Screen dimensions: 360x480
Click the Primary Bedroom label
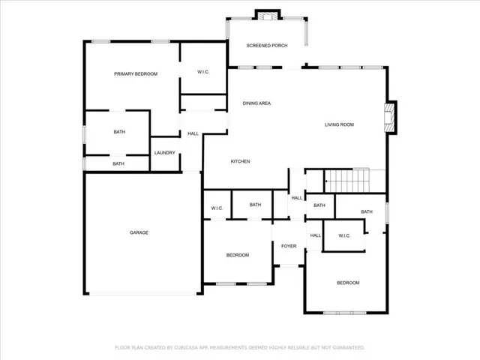pyautogui.click(x=136, y=73)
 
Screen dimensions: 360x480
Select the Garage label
pyautogui.click(x=139, y=232)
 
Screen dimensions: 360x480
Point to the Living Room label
pyautogui.click(x=339, y=124)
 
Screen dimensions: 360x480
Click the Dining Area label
pyautogui.click(x=256, y=103)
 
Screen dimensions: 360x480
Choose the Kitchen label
pyautogui.click(x=240, y=161)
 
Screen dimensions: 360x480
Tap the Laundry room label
pyautogui.click(x=165, y=153)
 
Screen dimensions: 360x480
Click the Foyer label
pyautogui.click(x=289, y=246)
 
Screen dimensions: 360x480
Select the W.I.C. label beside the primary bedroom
pyautogui.click(x=203, y=72)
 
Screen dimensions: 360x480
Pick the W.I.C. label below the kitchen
pyautogui.click(x=217, y=208)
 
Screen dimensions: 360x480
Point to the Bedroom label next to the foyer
pyautogui.click(x=238, y=255)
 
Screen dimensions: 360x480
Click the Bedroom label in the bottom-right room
pyautogui.click(x=348, y=283)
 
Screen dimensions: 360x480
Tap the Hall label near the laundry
pyautogui.click(x=193, y=133)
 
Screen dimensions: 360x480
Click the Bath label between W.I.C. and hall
pyautogui.click(x=255, y=205)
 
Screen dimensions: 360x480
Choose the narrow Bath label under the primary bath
pyautogui.click(x=118, y=163)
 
